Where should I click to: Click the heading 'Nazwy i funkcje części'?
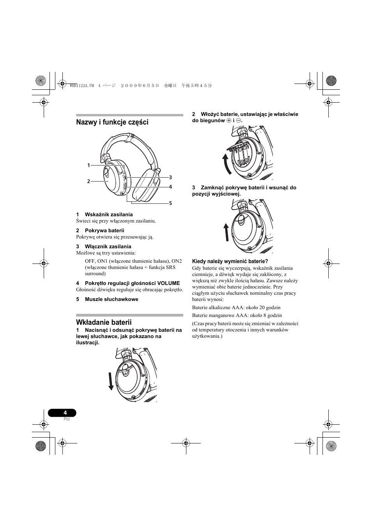(x=112, y=122)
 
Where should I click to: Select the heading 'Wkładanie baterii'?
(x=104, y=322)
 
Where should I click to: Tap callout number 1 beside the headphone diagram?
(x=89, y=166)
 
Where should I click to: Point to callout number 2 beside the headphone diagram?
(x=89, y=181)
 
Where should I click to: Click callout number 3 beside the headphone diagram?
(x=170, y=177)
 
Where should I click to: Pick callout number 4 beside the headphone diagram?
(x=170, y=187)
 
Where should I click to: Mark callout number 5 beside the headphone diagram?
(x=170, y=203)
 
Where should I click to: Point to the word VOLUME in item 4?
(x=168, y=283)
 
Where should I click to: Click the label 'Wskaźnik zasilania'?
(x=109, y=215)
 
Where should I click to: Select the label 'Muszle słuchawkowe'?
(x=112, y=299)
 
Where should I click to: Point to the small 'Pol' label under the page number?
(x=66, y=419)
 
